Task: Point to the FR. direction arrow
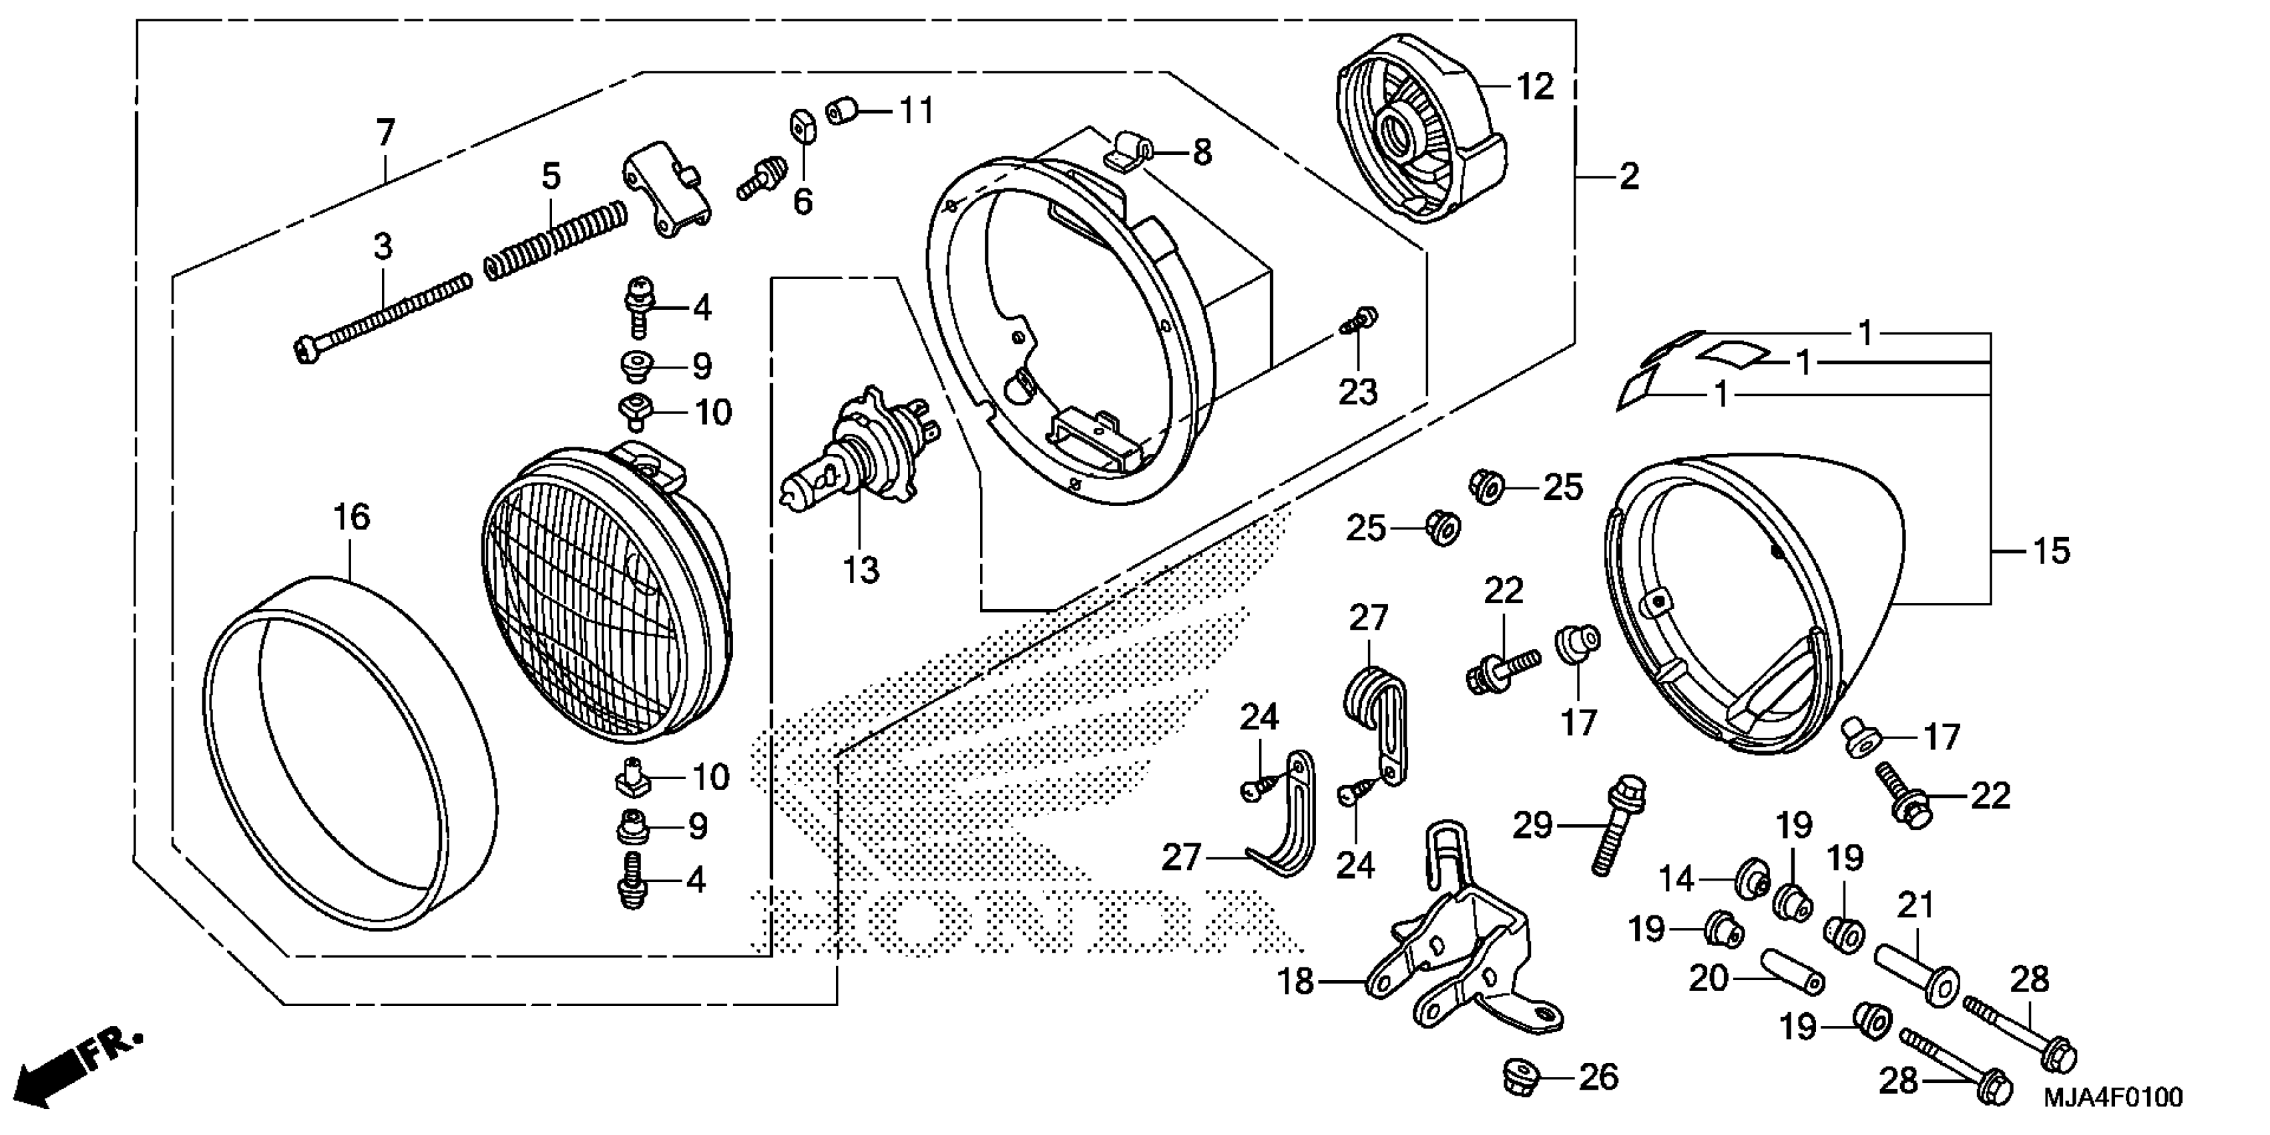click(79, 1071)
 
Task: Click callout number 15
click(2050, 551)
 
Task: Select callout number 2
click(1628, 177)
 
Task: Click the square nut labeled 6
click(803, 128)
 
